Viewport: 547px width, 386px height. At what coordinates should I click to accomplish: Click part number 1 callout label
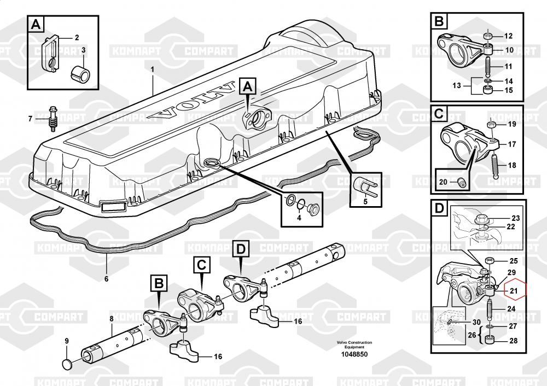click(x=153, y=69)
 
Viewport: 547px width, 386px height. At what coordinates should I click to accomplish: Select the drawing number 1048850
click(x=354, y=354)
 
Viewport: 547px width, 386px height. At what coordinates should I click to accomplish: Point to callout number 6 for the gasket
click(x=106, y=279)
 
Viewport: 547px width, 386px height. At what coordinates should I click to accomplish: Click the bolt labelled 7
click(x=53, y=119)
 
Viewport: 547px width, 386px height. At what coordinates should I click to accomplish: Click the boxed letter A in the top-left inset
click(x=36, y=24)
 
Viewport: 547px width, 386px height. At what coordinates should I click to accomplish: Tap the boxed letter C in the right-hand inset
click(x=439, y=115)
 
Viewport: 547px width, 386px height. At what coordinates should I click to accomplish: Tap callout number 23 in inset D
click(x=515, y=218)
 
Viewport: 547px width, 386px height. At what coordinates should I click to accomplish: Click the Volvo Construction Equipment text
click(x=354, y=344)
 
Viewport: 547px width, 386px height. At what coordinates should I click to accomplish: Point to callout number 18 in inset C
click(x=511, y=165)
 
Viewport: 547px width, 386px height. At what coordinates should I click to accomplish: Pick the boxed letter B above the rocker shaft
click(x=158, y=283)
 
